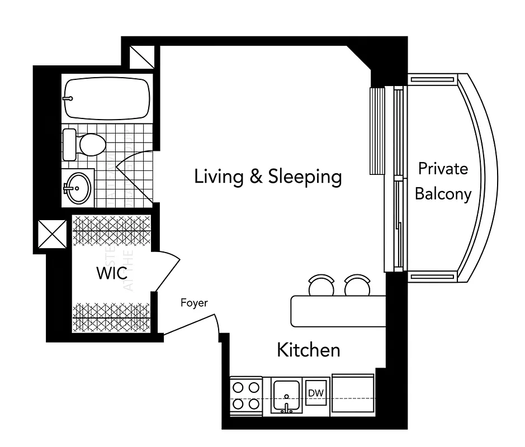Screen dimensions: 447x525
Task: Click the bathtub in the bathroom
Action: pyautogui.click(x=107, y=98)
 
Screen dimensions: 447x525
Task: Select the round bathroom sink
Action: pyautogui.click(x=77, y=188)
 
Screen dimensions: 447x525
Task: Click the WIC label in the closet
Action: pyautogui.click(x=111, y=274)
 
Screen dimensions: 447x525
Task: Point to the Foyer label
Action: pyautogui.click(x=194, y=303)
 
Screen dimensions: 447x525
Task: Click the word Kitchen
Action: pyautogui.click(x=309, y=350)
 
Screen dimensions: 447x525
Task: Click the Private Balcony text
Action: pyautogui.click(x=443, y=181)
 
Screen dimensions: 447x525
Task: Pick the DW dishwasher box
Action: pyautogui.click(x=317, y=393)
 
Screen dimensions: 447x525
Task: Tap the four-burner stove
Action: pyautogui.click(x=247, y=394)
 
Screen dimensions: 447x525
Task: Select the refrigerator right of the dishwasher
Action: pyautogui.click(x=353, y=393)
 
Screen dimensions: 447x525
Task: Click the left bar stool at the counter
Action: pyautogui.click(x=320, y=286)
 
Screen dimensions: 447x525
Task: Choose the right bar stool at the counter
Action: pyautogui.click(x=357, y=286)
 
